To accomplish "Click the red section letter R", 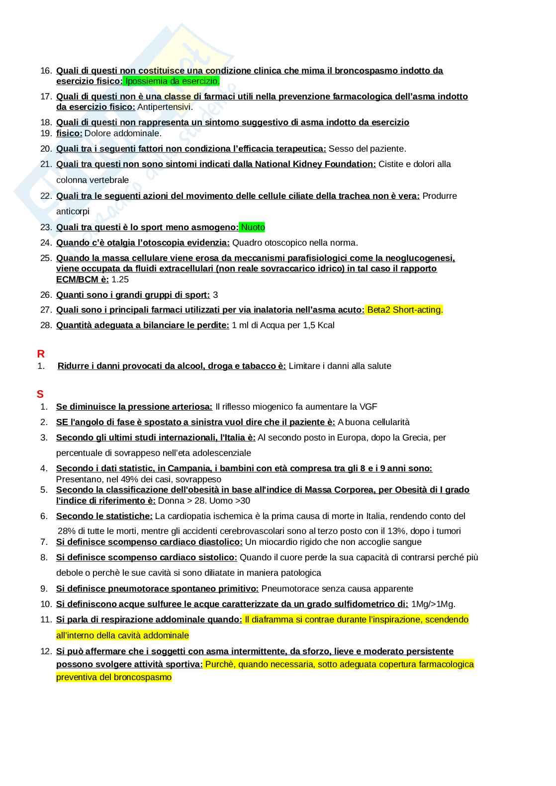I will point(41,354).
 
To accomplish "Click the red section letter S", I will point(40,394).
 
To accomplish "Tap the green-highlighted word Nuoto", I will point(253,227).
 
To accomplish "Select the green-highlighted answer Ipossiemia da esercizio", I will point(172,81).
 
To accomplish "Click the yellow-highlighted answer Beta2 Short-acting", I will point(404,310).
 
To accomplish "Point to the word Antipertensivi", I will point(164,107).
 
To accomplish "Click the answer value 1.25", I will point(120,279).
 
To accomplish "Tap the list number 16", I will point(46,71).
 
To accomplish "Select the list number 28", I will point(46,325).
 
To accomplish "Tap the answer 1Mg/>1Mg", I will point(433,604).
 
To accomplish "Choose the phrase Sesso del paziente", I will point(367,149).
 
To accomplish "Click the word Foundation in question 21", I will point(349,164).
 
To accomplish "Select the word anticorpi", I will point(73,211).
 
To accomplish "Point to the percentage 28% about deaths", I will point(66,531).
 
